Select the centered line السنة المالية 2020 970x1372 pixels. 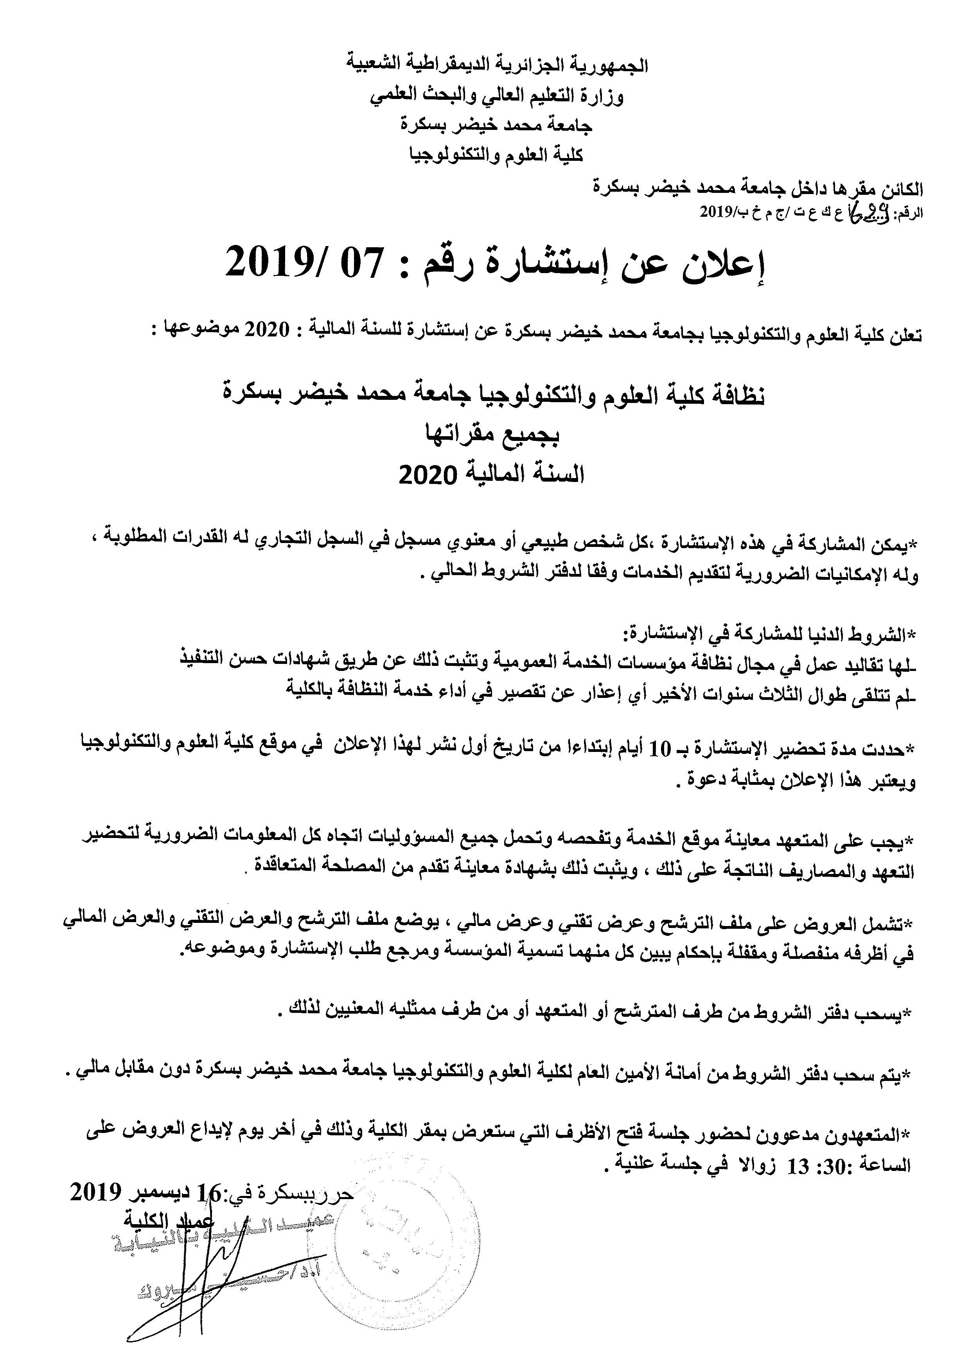[491, 475]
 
